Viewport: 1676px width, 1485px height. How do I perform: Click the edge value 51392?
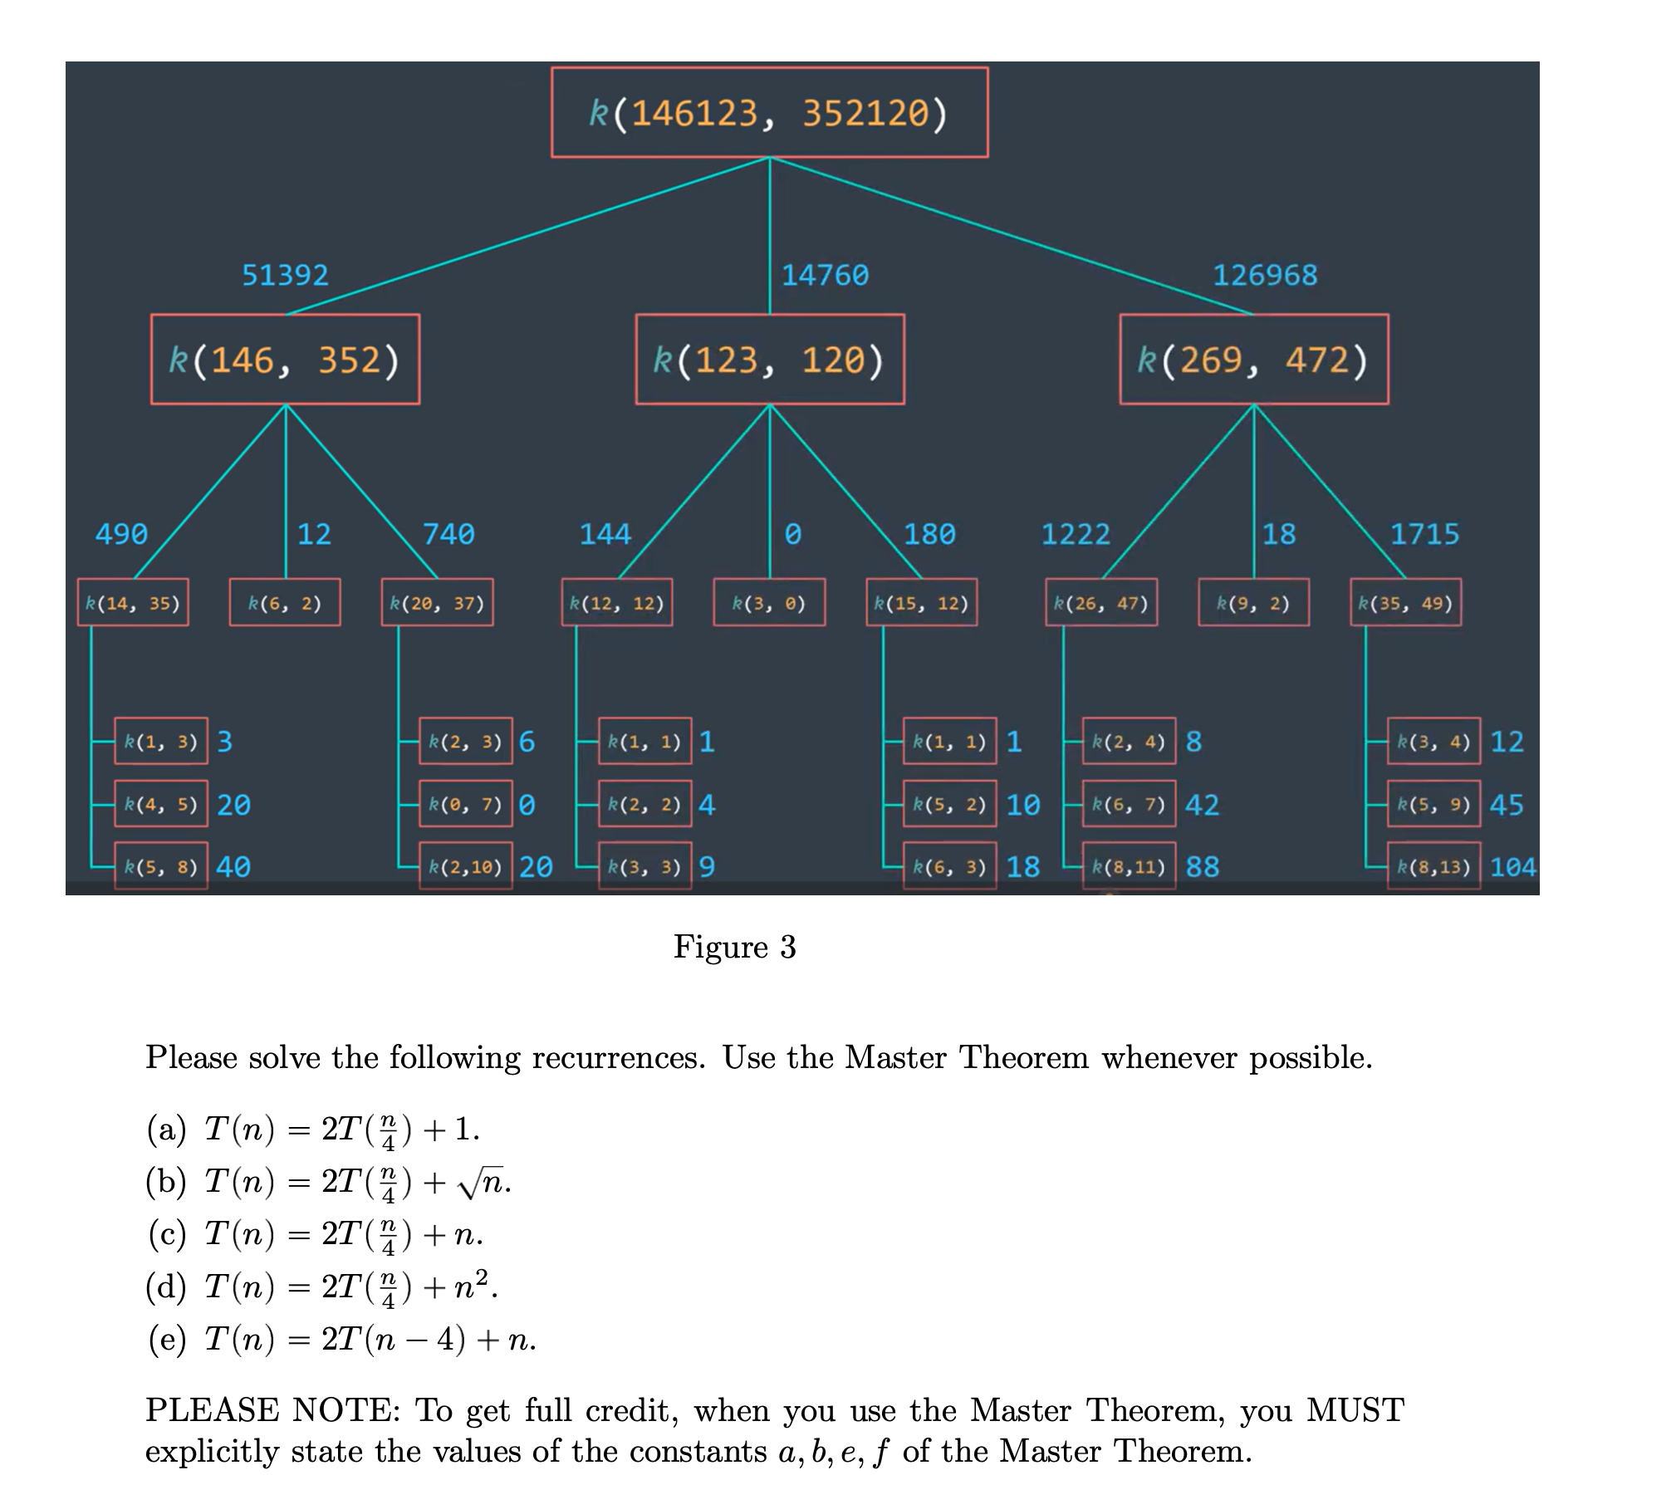point(285,275)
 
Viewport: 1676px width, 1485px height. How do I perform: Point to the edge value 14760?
point(825,275)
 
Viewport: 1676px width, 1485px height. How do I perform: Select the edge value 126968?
point(1264,275)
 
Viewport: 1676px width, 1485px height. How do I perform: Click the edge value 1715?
point(1424,534)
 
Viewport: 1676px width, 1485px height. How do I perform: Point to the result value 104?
point(1512,868)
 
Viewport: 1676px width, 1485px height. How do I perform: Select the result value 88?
point(1202,868)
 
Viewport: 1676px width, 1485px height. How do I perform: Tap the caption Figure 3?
point(734,947)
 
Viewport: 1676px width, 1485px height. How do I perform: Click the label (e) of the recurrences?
point(167,1339)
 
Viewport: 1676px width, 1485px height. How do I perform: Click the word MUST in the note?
point(1355,1410)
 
